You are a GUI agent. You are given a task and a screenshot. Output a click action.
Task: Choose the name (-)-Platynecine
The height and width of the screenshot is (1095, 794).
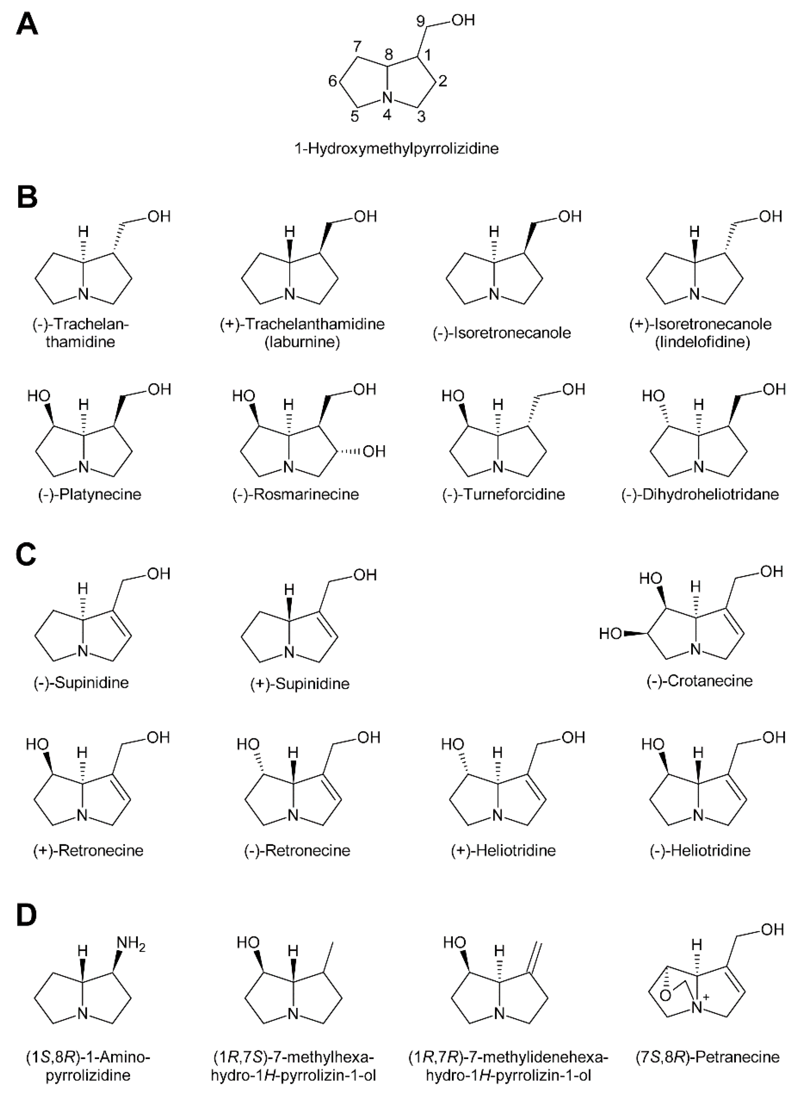pos(90,494)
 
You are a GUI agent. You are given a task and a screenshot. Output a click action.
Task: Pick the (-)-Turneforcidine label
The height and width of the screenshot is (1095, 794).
pos(503,494)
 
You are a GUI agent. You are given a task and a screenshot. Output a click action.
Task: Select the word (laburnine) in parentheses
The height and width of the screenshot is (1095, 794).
pos(302,342)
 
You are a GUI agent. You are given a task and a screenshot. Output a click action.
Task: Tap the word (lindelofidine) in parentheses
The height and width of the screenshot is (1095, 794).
pos(702,342)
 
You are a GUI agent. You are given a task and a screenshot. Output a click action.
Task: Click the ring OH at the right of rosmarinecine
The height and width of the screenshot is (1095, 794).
pos(373,451)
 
